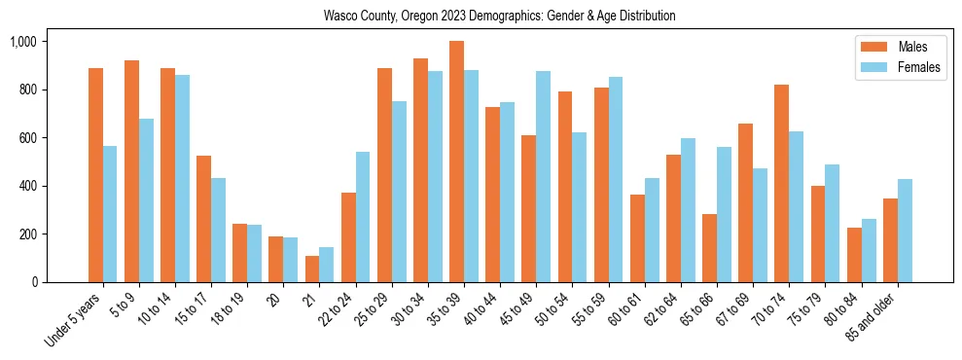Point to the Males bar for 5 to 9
pyautogui.click(x=131, y=171)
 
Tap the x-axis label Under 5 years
pyautogui.click(x=74, y=320)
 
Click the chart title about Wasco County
pyautogui.click(x=500, y=17)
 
